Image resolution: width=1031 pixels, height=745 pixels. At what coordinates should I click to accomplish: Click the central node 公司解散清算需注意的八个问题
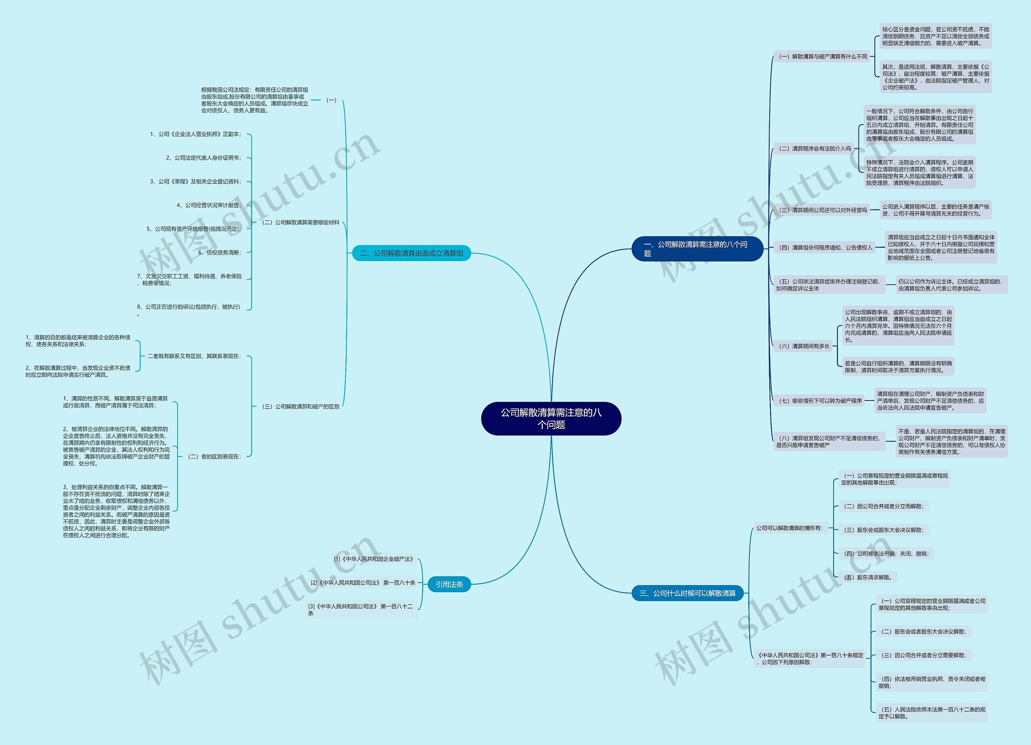551,419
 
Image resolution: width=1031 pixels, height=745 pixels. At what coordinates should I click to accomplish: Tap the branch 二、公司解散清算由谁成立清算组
412,253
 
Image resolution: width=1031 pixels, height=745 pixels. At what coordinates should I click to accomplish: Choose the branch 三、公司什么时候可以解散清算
687,593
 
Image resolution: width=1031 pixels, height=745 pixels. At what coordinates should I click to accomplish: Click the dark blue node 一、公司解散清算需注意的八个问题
697,249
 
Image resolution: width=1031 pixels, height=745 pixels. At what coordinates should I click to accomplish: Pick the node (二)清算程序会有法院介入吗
815,149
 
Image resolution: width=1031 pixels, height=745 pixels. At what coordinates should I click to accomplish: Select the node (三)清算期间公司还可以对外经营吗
823,210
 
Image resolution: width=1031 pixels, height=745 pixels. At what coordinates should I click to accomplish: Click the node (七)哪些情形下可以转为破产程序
820,401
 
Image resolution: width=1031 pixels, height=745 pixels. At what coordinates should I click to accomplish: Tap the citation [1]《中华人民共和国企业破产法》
374,559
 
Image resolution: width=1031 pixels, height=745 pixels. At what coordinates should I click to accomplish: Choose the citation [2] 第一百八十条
363,583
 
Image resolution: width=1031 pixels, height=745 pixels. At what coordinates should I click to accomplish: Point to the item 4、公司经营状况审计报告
209,205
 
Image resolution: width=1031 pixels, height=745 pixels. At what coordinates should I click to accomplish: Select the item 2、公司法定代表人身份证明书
203,158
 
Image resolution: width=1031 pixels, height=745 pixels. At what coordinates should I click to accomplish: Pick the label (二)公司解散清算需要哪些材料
300,222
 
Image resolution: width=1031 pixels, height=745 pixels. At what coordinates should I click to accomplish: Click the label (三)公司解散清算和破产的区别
300,407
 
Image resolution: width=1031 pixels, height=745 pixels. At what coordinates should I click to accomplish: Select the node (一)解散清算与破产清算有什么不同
823,57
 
